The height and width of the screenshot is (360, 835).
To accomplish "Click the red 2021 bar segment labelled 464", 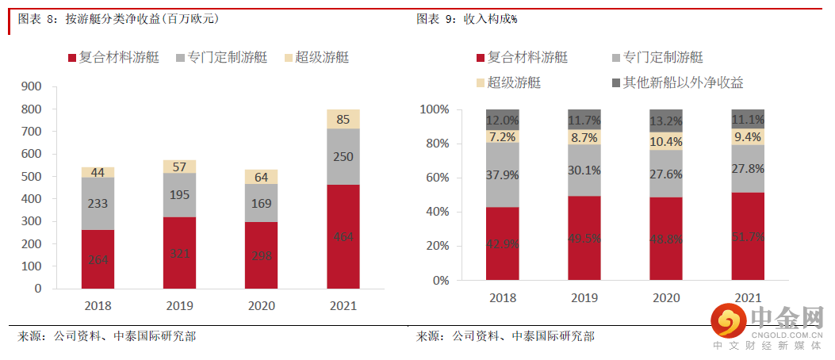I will click(343, 236).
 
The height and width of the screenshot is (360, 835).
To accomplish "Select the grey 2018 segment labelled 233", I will click(98, 204).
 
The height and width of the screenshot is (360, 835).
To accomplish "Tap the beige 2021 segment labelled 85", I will click(343, 120).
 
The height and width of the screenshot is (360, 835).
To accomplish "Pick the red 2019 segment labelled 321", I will click(179, 253).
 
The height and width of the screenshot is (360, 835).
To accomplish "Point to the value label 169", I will click(261, 203).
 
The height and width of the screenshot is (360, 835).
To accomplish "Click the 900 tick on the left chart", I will click(33, 86).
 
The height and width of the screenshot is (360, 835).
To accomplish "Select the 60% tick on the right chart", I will click(435, 178).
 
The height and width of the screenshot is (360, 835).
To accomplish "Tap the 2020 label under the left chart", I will click(261, 305).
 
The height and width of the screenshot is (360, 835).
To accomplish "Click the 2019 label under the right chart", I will click(584, 298).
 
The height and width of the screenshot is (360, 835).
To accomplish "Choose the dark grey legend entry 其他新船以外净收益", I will click(677, 82).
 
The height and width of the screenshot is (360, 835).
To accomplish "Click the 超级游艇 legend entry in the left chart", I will click(315, 57).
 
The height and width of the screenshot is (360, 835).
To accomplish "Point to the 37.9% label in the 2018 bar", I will click(503, 174).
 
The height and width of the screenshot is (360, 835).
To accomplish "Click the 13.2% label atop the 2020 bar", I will click(666, 121).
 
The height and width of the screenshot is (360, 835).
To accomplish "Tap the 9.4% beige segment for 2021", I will click(748, 136).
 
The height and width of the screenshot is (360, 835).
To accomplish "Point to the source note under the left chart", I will click(107, 336).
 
